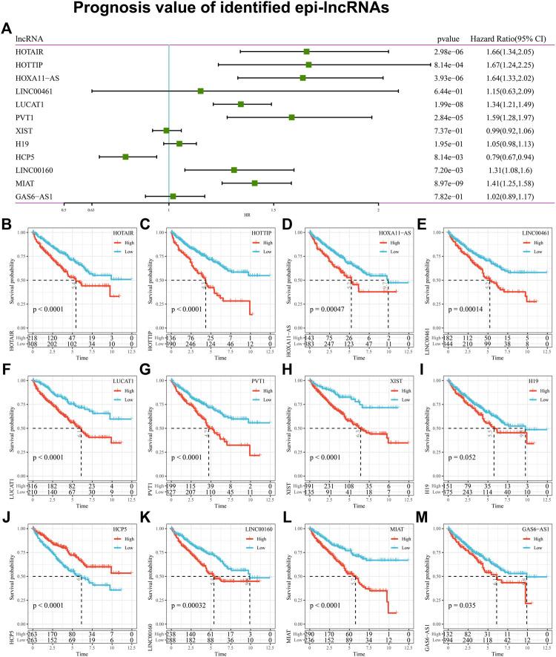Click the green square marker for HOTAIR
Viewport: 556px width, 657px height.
[306, 51]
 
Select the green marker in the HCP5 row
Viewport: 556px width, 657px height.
[126, 157]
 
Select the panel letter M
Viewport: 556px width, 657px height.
[420, 506]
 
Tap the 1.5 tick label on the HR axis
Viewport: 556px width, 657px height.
[274, 209]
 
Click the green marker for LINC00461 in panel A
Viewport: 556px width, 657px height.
[201, 91]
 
